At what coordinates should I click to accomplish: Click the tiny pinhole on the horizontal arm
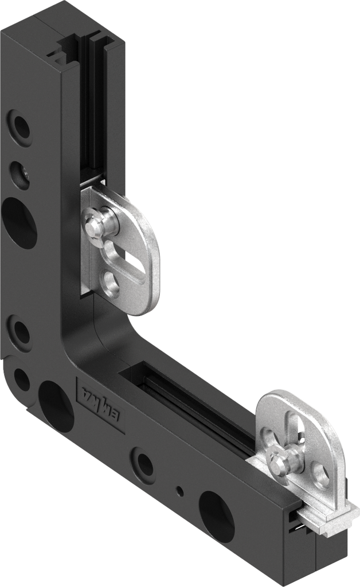(x=180, y=491)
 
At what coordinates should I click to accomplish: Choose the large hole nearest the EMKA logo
(x=55, y=406)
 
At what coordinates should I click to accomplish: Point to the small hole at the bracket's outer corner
(x=21, y=379)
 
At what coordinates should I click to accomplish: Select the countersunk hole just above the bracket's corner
(x=20, y=331)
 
